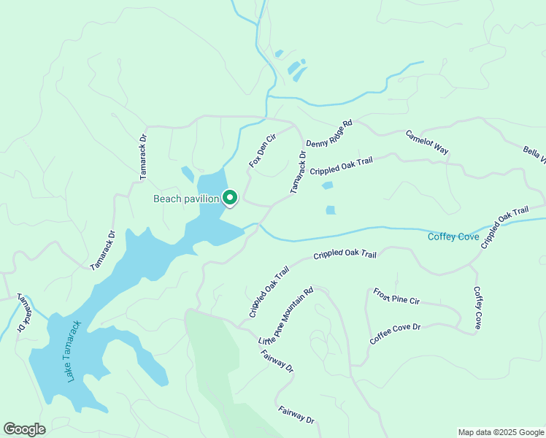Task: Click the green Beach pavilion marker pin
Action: (x=230, y=198)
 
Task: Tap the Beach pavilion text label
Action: (x=186, y=199)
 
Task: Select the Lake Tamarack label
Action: (x=71, y=351)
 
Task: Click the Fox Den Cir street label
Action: (x=262, y=150)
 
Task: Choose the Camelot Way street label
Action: (x=427, y=142)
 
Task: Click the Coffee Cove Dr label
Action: (x=396, y=334)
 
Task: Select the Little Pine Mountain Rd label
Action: (x=287, y=317)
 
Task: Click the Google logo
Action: (x=24, y=429)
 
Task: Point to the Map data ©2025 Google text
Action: (x=500, y=432)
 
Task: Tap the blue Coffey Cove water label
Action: (x=453, y=236)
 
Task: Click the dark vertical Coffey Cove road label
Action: (x=477, y=307)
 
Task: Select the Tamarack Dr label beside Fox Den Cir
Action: (x=297, y=172)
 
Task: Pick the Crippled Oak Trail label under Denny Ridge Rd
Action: (x=346, y=166)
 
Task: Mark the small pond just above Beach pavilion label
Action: (x=188, y=174)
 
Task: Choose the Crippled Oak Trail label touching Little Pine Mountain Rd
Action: (x=269, y=291)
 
